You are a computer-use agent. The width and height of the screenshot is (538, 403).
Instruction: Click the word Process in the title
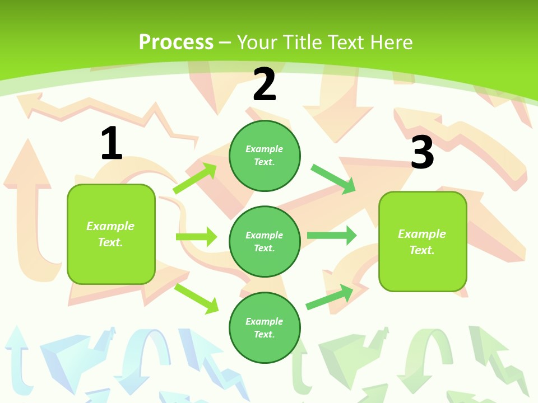tap(176, 42)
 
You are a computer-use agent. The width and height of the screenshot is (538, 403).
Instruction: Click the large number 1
tap(112, 143)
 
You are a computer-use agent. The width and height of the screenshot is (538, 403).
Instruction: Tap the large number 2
tap(265, 85)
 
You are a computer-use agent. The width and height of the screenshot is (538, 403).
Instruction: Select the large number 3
tap(422, 152)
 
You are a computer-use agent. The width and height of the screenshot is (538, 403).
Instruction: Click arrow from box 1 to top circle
tap(195, 178)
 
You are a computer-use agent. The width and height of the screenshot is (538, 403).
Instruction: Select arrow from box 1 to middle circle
tap(196, 237)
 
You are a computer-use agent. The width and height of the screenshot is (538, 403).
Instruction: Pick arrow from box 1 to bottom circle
tap(196, 298)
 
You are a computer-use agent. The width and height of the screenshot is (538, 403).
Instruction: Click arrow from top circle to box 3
tap(333, 179)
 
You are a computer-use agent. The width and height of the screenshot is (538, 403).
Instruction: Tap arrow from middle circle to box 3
tap(332, 236)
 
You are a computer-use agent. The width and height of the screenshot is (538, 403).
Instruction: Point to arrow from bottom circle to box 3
tap(330, 297)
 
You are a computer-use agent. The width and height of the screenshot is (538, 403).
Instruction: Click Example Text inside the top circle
tap(265, 155)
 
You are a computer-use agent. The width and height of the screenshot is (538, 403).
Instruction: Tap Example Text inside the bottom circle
tap(265, 327)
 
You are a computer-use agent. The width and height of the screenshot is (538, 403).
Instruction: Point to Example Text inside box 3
tap(422, 242)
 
